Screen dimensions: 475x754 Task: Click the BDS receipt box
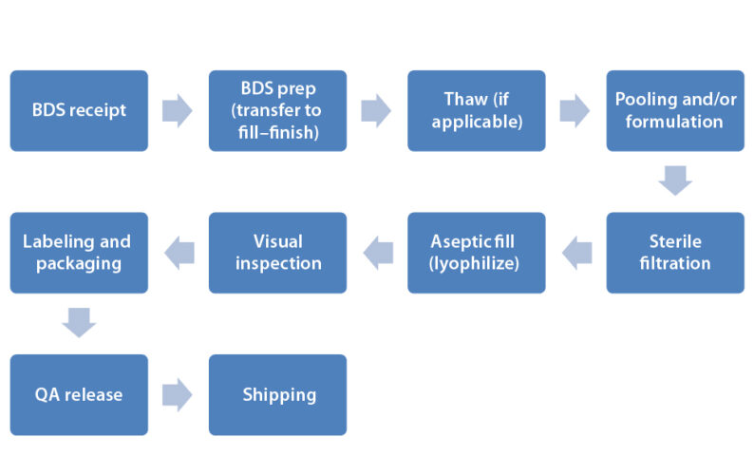coord(79,110)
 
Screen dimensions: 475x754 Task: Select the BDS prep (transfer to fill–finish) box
coord(277,110)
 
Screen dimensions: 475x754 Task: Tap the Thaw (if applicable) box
coord(477,110)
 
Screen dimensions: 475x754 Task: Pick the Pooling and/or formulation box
coord(675,110)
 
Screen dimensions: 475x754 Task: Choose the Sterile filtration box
coord(675,253)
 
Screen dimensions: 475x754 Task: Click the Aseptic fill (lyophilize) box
coord(477,253)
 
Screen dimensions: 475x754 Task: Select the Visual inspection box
coord(277,253)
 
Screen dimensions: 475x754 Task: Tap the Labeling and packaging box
coord(79,253)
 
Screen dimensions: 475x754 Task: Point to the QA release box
coord(79,394)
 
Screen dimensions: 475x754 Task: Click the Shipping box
coord(277,394)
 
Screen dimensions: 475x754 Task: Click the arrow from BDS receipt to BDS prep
coord(178,110)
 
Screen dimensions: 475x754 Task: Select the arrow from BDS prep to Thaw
coord(376,110)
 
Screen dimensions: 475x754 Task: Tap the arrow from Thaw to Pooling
coord(575,110)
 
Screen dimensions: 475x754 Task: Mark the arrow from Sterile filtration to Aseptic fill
coord(576,253)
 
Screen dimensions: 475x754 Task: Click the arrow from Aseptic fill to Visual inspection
coord(378,253)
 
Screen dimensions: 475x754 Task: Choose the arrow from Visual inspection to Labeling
coord(179,253)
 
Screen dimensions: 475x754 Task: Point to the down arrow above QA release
coord(79,323)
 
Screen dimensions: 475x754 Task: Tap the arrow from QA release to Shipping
coord(178,394)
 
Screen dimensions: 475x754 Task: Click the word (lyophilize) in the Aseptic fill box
coord(476,263)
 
